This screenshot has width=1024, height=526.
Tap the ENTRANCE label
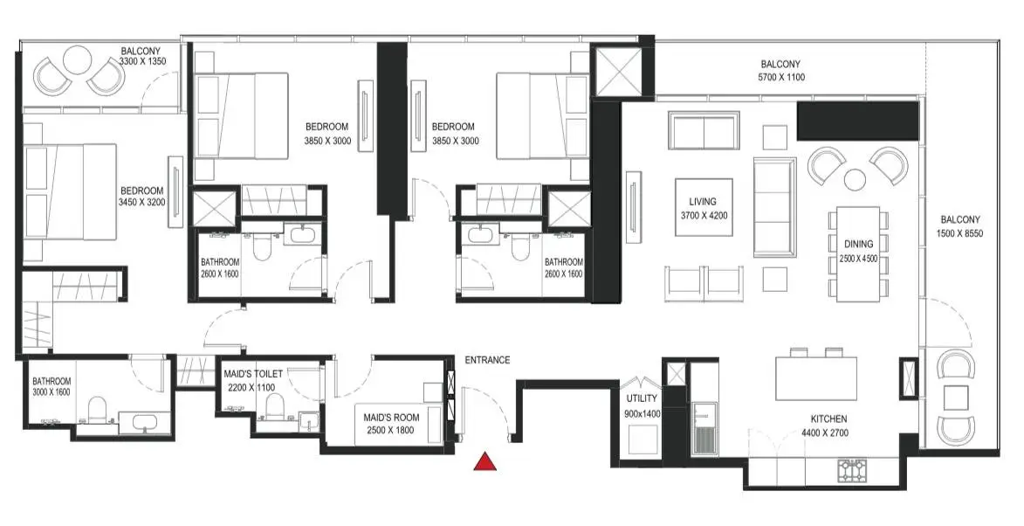coord(487,360)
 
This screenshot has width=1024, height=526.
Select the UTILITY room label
coord(642,398)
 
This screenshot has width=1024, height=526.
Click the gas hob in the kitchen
coord(852,469)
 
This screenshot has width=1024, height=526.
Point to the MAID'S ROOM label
coord(390,418)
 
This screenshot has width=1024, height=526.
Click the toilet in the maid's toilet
coord(273,408)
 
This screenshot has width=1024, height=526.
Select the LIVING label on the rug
coord(703,202)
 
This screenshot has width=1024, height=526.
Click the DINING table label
coord(858,245)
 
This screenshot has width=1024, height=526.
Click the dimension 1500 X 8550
coord(960,233)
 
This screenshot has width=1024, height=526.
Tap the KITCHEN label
coord(828,419)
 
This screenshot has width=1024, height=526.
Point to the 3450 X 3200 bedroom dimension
coord(141,203)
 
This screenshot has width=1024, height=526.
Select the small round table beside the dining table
coord(854,179)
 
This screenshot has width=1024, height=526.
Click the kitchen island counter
coord(816,377)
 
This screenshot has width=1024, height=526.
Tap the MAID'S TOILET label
coord(253,375)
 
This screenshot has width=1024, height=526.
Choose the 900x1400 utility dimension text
coord(642,413)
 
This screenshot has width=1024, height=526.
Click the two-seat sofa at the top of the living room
coord(704,131)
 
